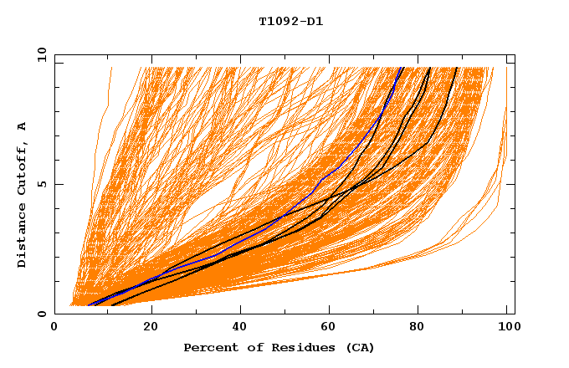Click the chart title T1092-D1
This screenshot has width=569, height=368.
tap(290, 21)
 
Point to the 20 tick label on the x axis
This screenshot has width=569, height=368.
tap(151, 328)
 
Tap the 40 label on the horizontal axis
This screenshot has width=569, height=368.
tap(241, 328)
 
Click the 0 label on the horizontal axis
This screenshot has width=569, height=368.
tap(54, 328)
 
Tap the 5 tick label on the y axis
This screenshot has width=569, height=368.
tap(41, 184)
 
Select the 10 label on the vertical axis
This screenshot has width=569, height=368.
tap(38, 55)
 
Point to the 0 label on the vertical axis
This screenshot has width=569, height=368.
tap(41, 314)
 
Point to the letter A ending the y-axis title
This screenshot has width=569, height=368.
tap(23, 125)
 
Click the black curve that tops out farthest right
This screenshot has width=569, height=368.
tap(443, 117)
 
